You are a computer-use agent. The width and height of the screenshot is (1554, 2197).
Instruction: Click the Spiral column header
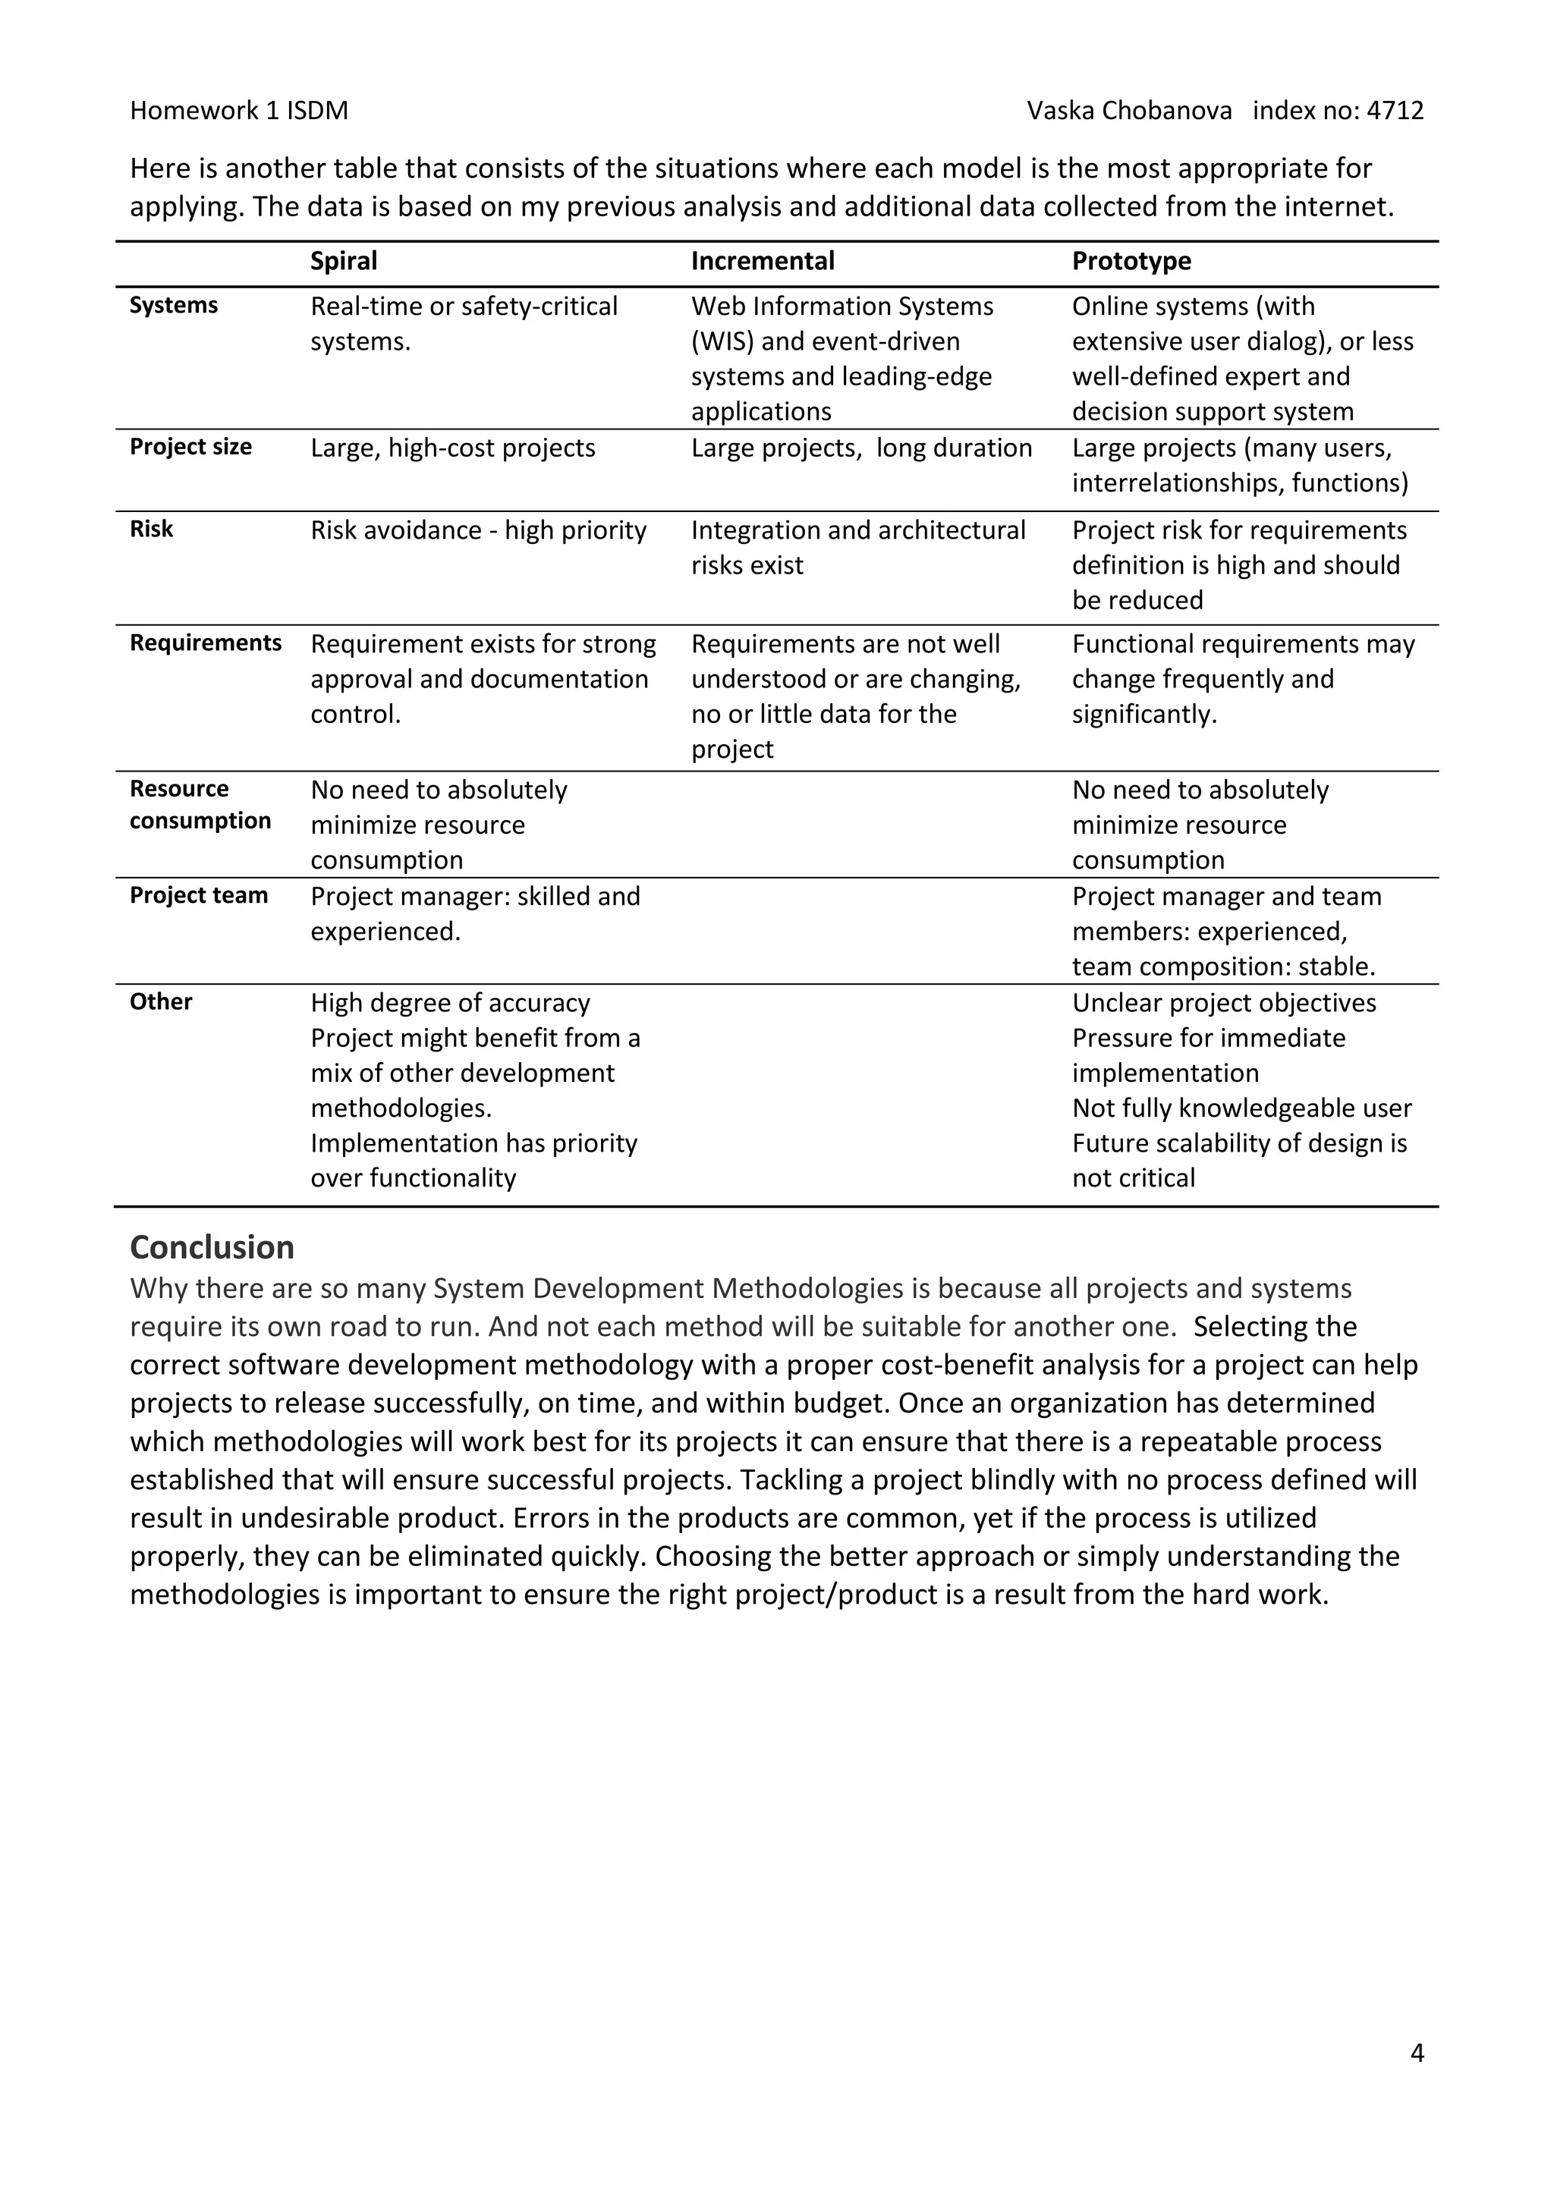(344, 261)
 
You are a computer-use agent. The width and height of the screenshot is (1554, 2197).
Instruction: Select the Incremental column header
(763, 261)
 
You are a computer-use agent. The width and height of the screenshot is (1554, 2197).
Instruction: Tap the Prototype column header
(1131, 261)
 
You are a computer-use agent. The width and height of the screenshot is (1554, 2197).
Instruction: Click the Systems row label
(175, 305)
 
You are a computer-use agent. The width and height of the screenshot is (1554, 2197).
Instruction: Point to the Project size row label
(190, 447)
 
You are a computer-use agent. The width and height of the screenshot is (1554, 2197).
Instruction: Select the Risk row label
(151, 530)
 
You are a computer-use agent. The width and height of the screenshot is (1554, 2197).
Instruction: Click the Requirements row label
(206, 643)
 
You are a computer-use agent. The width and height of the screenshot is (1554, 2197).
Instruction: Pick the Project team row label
(199, 896)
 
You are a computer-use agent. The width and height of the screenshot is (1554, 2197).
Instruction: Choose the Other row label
(161, 1002)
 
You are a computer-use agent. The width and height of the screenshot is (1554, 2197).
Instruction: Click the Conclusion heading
(212, 1247)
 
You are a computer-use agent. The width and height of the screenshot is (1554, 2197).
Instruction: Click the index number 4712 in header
(1395, 111)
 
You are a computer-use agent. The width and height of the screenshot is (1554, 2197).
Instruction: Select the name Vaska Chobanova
(1129, 111)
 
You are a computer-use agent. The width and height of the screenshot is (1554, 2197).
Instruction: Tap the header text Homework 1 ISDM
(239, 111)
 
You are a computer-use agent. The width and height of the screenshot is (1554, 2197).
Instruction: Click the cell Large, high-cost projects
(452, 448)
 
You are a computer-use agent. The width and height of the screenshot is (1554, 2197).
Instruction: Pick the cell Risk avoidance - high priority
(479, 530)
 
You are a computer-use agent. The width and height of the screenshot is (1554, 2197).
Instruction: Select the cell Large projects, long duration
(861, 448)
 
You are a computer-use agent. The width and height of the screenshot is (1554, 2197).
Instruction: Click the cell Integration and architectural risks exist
(857, 547)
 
